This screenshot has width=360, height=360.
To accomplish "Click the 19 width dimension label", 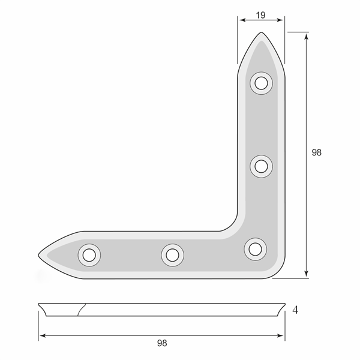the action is click(260, 15).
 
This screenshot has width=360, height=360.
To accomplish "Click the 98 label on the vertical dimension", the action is click(317, 152).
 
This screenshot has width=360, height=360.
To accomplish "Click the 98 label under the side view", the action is click(162, 343).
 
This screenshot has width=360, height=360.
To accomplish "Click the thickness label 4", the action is click(295, 310).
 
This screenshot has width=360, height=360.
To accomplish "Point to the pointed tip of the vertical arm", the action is click(261, 32).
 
